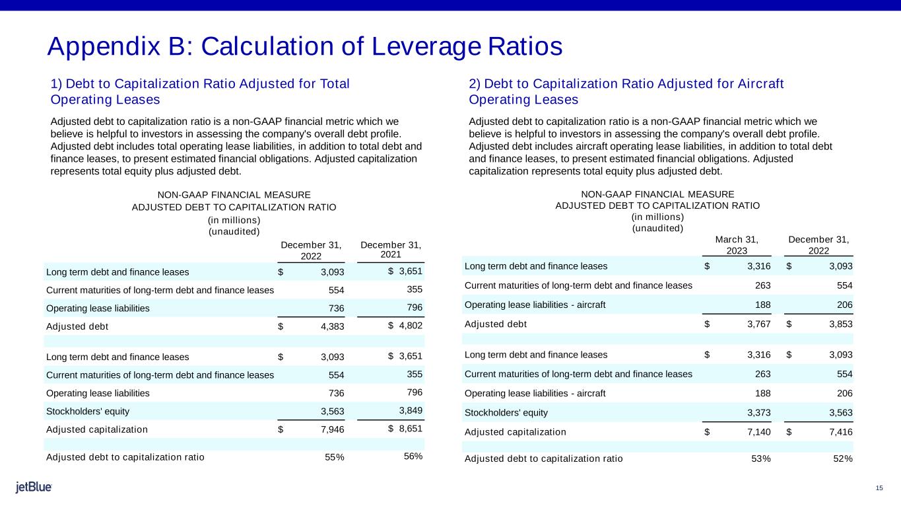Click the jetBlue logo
point(34,488)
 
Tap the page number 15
point(879,488)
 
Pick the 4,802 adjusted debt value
point(409,325)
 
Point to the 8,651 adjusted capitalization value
point(409,428)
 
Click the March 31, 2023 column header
point(737,244)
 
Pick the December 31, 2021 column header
point(391,250)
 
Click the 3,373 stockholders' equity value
point(757,413)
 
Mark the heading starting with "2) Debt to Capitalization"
point(626,91)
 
